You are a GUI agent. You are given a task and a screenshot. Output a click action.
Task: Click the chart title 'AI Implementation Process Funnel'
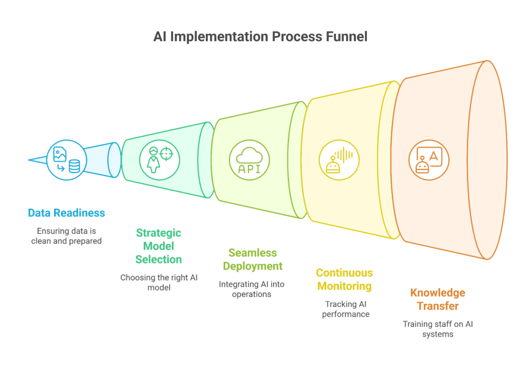(260, 37)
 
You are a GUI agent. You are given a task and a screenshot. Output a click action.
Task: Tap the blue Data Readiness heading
(67, 213)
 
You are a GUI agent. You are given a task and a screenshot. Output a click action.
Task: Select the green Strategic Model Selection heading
(159, 246)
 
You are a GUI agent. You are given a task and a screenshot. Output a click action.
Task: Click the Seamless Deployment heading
(252, 259)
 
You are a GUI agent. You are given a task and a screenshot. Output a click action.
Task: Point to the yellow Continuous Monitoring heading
(344, 279)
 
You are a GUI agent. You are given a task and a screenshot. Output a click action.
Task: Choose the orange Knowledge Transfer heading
(438, 299)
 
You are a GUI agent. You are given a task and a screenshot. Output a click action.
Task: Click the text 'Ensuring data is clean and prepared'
(67, 236)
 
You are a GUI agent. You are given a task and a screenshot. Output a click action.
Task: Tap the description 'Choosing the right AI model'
(159, 282)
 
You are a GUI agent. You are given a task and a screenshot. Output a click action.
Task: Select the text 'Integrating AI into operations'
(251, 289)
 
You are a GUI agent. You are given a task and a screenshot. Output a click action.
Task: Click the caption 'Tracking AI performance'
(345, 309)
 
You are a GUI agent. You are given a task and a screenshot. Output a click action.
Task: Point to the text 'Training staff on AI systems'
(438, 329)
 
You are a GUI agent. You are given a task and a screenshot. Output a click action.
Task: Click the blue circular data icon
(67, 160)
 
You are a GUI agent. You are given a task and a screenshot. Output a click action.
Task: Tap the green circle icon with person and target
(159, 160)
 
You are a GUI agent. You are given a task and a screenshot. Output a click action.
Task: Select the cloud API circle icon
(249, 160)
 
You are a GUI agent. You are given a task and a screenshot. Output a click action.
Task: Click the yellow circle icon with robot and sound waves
(339, 160)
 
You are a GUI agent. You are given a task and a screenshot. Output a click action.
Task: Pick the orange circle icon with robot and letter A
(429, 160)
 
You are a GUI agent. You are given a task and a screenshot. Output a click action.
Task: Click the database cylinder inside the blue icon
(74, 166)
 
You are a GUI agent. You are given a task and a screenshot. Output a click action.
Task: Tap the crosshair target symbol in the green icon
(166, 154)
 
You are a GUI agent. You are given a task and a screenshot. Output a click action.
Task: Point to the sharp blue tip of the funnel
(28, 160)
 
